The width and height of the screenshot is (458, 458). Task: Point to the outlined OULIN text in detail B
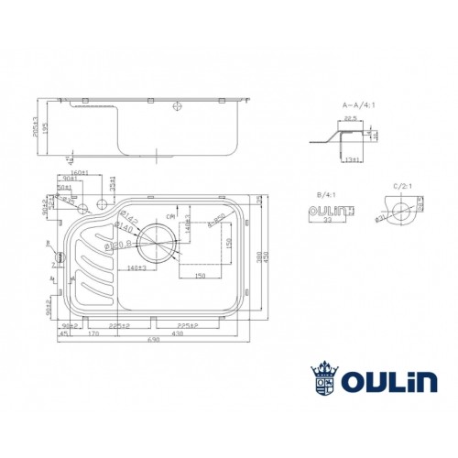(322, 214)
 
